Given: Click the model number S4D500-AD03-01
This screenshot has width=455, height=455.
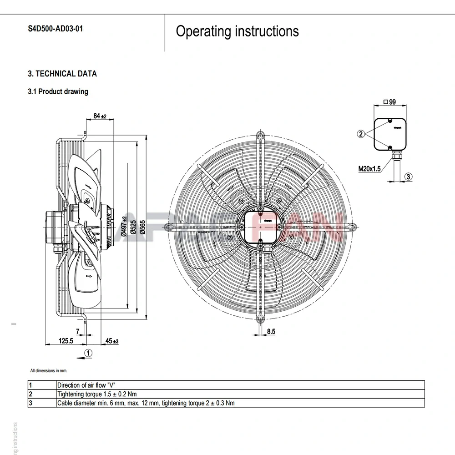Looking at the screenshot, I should click(56, 29).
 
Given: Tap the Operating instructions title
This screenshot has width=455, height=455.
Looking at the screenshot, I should click(237, 31).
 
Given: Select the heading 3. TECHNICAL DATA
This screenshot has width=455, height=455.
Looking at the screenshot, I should click(62, 74).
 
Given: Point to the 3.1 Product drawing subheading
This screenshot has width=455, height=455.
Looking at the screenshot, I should click(58, 91).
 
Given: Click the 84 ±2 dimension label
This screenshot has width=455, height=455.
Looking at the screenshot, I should click(99, 116).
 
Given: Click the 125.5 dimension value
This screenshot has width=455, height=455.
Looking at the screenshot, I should click(66, 341).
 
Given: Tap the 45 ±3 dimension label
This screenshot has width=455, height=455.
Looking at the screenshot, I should click(111, 341).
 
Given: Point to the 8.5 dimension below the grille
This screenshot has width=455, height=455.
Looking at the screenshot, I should click(271, 332).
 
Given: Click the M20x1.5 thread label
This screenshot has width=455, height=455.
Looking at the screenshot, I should click(369, 169).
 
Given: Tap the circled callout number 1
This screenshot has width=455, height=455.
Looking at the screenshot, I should click(89, 353).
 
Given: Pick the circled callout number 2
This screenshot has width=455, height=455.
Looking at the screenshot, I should click(361, 134).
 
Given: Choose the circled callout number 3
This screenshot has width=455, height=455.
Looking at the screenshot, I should click(409, 177).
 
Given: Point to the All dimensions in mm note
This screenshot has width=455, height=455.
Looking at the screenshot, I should click(49, 371).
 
